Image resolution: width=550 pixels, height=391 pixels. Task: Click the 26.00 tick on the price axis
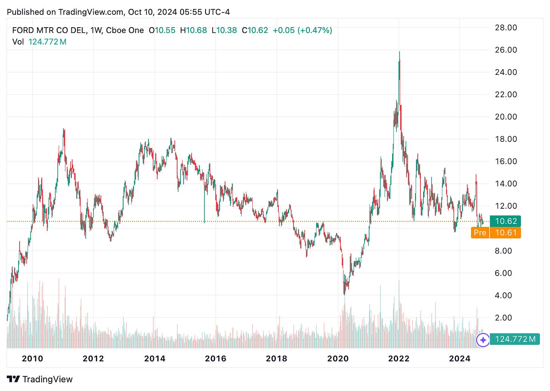coord(505,50)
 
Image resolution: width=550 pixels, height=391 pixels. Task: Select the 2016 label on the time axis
coord(215,358)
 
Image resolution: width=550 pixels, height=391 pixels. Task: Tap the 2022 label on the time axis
coord(399,358)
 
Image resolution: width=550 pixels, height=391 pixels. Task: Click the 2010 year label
coord(32,358)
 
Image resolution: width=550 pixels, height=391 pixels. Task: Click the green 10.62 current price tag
coord(505,221)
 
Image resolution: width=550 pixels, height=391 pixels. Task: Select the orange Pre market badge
coord(480,233)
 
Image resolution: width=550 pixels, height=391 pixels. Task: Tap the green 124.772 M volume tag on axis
coord(514,339)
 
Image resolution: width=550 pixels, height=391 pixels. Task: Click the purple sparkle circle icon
coord(483,340)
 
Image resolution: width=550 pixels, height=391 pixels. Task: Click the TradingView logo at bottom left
coord(40,379)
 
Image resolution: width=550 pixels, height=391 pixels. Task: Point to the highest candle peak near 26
coord(399,52)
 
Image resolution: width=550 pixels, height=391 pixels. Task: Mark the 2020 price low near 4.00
coord(344,294)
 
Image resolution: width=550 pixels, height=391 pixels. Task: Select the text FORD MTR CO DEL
coord(49,30)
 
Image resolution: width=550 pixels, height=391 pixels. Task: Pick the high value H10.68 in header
coord(193,30)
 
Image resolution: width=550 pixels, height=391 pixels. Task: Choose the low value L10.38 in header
coord(224,30)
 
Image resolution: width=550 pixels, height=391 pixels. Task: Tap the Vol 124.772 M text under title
coord(39,42)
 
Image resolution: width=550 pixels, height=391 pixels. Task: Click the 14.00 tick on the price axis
coord(505,184)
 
